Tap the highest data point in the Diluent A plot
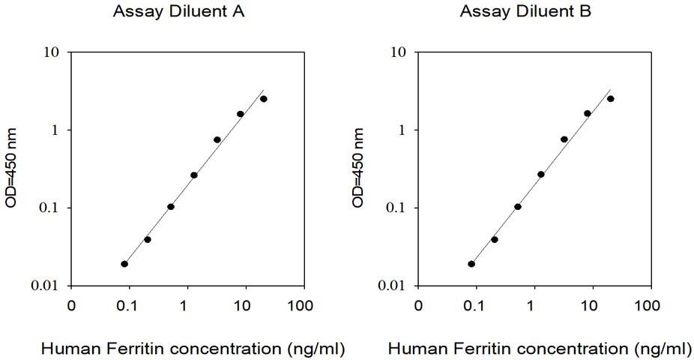(x=263, y=99)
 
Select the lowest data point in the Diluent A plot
(x=124, y=264)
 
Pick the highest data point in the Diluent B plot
(x=610, y=99)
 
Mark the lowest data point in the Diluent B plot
(x=471, y=264)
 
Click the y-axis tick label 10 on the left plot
(x=52, y=52)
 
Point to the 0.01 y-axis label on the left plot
(x=46, y=286)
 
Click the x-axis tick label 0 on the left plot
(x=71, y=306)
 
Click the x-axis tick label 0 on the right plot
(x=418, y=306)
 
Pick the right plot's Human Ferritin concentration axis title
(x=539, y=349)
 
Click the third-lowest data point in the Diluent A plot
(x=171, y=207)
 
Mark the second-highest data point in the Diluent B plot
(x=588, y=113)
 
